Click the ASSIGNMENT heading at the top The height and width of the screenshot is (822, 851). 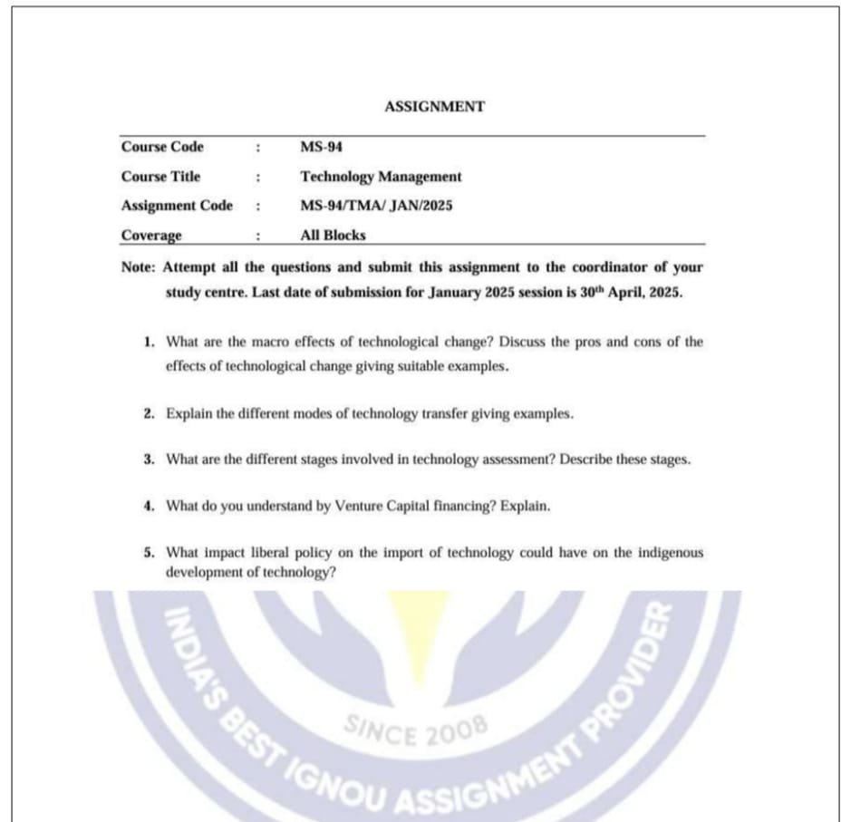[x=434, y=107]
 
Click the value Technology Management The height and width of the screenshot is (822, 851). [x=381, y=177]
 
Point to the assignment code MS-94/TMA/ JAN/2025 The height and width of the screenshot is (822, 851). [x=376, y=206]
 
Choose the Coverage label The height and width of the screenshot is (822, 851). [x=151, y=236]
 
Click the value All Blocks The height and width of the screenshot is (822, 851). [x=333, y=236]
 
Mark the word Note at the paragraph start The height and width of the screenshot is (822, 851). [x=139, y=268]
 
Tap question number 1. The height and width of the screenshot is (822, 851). [x=148, y=343]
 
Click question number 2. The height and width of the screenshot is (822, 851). [x=148, y=413]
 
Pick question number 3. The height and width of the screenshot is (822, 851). [x=148, y=459]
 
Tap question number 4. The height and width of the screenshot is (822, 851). [x=148, y=506]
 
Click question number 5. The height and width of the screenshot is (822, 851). [x=148, y=552]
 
